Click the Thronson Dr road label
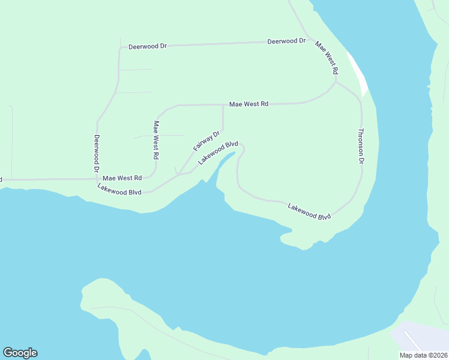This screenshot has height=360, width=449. point(361,146)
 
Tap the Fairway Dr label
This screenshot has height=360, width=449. point(206,141)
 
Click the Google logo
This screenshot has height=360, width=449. point(20,353)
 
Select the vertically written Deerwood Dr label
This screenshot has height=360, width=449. point(96,154)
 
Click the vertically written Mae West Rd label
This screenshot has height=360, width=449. point(156,140)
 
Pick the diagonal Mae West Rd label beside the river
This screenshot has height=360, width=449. point(327,58)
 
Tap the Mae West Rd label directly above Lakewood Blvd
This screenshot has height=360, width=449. point(122,178)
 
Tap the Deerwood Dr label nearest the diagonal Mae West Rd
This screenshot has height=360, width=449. point(286,41)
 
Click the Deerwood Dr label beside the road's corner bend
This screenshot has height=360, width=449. point(147,46)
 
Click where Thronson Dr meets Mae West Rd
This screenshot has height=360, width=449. point(336,80)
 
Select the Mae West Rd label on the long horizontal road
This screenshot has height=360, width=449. point(249,104)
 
